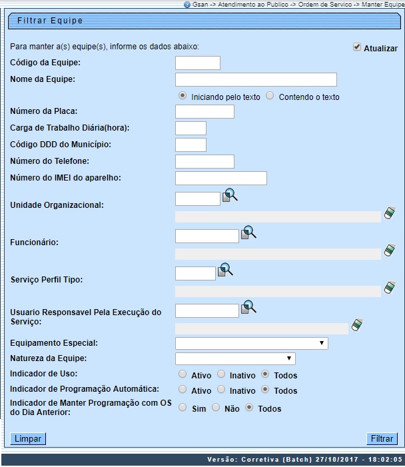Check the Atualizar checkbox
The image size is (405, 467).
357,47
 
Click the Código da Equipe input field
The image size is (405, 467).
197,63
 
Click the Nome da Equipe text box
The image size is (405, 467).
256,80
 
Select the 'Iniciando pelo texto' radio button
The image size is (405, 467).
183,96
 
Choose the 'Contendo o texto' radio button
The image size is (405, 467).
270,96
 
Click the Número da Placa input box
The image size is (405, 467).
204,112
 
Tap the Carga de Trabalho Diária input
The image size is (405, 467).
191,129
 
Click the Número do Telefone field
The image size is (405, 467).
204,161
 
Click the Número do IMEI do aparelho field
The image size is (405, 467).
220,178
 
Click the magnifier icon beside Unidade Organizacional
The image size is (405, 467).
230,196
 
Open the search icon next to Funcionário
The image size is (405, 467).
248,233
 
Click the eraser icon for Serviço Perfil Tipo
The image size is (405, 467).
390,288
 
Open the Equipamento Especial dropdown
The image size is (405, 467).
251,343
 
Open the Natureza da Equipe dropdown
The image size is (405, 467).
234,359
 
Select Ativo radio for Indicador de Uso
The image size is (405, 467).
183,375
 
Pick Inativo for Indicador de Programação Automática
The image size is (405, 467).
221,390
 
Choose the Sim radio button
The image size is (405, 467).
183,408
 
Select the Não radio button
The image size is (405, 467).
216,408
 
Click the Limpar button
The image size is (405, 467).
28,439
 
